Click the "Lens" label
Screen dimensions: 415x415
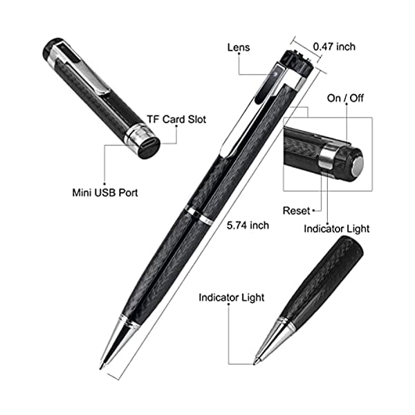(x=238, y=48)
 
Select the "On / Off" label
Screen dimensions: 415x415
(x=344, y=98)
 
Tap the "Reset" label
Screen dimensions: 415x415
(x=296, y=210)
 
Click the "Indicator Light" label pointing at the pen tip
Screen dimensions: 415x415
(x=231, y=297)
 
